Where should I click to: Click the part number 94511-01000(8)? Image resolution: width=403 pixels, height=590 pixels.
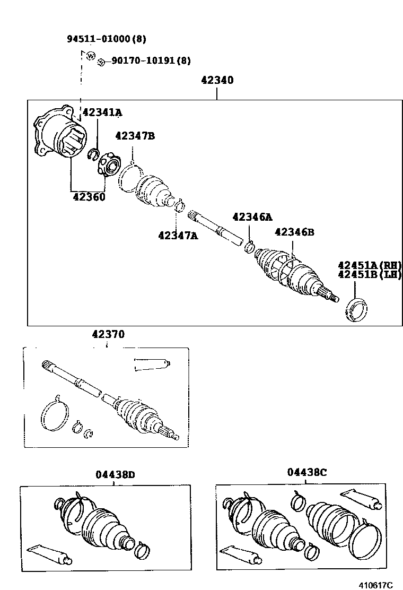[106, 39]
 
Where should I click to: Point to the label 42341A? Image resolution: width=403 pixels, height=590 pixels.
[102, 112]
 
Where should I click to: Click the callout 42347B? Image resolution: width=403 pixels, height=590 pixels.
[135, 136]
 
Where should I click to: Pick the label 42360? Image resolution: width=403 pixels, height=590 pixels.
[89, 197]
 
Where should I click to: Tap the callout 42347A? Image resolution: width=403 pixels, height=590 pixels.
[178, 235]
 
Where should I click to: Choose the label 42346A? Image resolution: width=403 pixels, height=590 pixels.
[252, 216]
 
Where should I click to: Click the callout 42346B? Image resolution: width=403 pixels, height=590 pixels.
[294, 232]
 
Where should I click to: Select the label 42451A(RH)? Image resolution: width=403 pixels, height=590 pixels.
[370, 265]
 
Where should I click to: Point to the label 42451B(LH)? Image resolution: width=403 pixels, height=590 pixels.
[370, 274]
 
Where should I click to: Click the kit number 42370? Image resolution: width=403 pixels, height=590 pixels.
[108, 334]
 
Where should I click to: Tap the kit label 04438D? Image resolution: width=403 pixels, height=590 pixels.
[115, 474]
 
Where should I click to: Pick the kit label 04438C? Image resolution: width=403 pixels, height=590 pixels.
[307, 472]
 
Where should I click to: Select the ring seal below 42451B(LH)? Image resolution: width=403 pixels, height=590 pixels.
[355, 310]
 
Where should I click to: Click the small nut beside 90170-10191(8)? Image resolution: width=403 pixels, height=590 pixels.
[100, 62]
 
